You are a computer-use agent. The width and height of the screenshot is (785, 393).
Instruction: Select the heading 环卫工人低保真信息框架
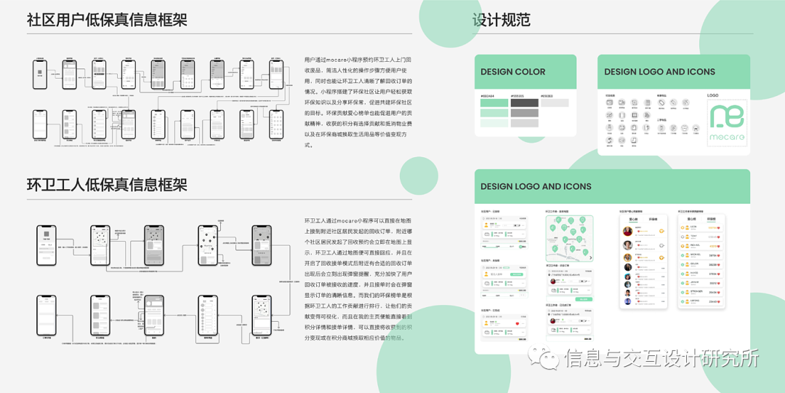(x=107, y=185)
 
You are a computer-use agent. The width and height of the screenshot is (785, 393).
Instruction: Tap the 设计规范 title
(x=501, y=20)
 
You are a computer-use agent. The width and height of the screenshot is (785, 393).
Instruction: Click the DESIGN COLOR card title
(x=513, y=72)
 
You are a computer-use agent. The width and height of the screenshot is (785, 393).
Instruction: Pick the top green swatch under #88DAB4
(x=494, y=103)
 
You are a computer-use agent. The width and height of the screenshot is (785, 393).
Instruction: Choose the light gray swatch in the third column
(x=555, y=103)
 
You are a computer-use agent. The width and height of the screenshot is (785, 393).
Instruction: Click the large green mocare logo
(x=727, y=122)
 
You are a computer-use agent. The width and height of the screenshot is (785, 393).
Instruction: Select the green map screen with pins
(x=569, y=239)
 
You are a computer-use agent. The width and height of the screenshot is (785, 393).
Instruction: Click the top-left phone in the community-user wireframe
(x=40, y=74)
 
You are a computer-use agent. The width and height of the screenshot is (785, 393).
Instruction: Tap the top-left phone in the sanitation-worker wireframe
(x=47, y=245)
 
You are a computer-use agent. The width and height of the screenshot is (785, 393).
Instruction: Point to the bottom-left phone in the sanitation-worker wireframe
(x=47, y=314)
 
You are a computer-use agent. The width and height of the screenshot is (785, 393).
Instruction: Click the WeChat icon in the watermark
(x=546, y=357)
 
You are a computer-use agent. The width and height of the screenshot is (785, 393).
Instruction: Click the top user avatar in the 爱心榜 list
(x=627, y=231)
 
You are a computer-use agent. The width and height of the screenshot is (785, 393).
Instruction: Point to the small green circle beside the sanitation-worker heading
(x=419, y=175)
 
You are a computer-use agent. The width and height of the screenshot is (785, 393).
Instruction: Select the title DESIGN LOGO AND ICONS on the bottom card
(x=536, y=186)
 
